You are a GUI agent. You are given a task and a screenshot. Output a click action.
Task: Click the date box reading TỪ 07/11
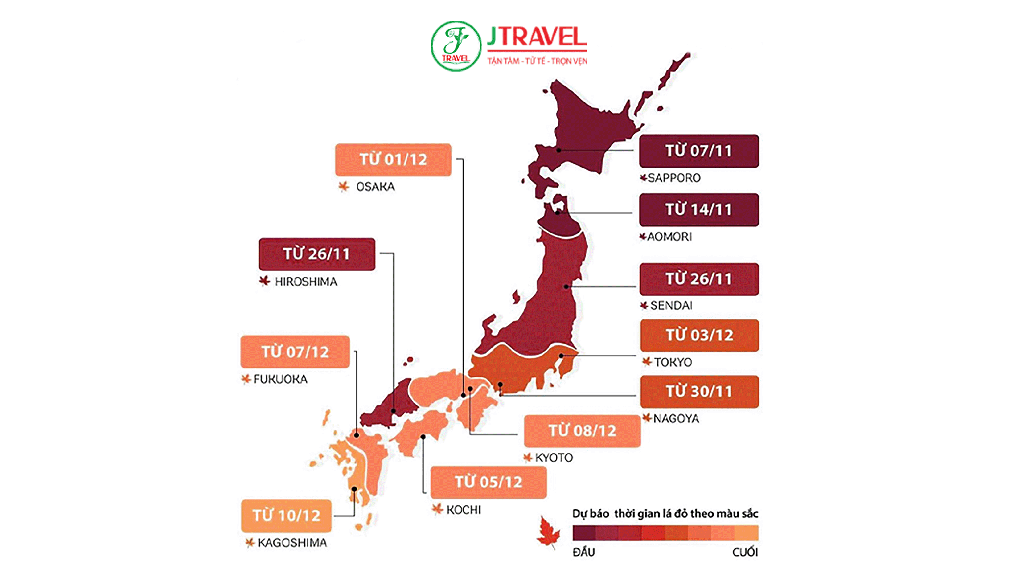click(699, 151)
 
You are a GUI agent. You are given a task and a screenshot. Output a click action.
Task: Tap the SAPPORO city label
click(673, 178)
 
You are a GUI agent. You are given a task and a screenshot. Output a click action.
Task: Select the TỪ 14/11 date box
click(699, 209)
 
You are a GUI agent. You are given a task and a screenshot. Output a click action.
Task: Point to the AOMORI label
click(669, 237)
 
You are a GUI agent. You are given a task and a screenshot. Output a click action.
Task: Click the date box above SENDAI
click(699, 279)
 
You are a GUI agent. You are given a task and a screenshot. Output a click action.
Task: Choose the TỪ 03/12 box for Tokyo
click(699, 335)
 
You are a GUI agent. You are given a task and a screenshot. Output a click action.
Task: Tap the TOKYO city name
click(673, 362)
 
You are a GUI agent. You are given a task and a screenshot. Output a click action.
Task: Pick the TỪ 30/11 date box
click(699, 391)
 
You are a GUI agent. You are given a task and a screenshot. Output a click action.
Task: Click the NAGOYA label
click(676, 418)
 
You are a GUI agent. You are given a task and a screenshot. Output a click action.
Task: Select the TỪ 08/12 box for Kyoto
click(582, 431)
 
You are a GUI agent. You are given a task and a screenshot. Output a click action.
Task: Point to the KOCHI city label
click(463, 510)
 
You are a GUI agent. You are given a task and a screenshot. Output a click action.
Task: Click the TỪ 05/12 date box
click(488, 482)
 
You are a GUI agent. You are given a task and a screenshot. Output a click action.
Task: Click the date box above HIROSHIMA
click(316, 254)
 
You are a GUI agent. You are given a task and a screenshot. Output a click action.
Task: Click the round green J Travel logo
click(456, 46)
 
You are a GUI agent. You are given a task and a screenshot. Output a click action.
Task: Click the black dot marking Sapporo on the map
click(559, 150)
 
